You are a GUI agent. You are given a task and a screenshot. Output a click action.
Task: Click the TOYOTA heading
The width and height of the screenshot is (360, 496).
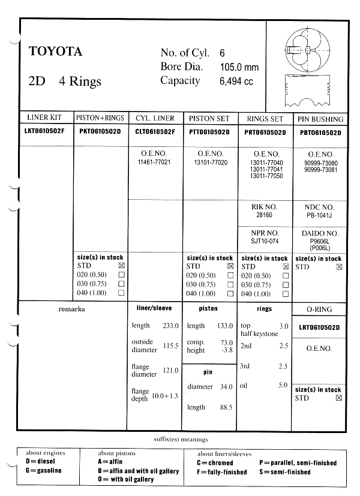(x=55, y=52)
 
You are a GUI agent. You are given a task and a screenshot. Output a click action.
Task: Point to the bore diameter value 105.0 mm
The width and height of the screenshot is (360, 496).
(x=239, y=67)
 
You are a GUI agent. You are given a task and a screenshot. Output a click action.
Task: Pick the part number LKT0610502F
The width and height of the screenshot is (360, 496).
(x=44, y=131)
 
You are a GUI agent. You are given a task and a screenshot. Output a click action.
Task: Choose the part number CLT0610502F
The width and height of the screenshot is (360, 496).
(x=155, y=132)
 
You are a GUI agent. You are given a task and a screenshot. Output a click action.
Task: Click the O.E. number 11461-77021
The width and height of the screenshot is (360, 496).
(x=154, y=162)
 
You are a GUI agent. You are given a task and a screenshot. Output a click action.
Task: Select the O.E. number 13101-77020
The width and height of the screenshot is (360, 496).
(x=211, y=162)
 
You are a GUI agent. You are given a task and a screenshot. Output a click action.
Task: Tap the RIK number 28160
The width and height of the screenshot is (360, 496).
(x=264, y=214)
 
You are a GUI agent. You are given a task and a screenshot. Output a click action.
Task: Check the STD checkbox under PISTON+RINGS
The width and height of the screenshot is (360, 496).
(x=122, y=265)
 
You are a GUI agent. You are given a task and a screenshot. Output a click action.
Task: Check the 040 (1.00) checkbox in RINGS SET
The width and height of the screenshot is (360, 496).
(x=286, y=294)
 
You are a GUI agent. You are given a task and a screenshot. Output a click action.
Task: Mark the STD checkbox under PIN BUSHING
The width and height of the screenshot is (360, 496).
(x=340, y=266)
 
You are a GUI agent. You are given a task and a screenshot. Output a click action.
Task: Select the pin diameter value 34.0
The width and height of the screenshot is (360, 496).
(x=226, y=387)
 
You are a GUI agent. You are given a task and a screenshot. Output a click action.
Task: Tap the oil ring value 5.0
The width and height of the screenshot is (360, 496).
(x=283, y=385)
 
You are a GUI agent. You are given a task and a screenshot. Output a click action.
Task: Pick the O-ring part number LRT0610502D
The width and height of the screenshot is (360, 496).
(x=319, y=327)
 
